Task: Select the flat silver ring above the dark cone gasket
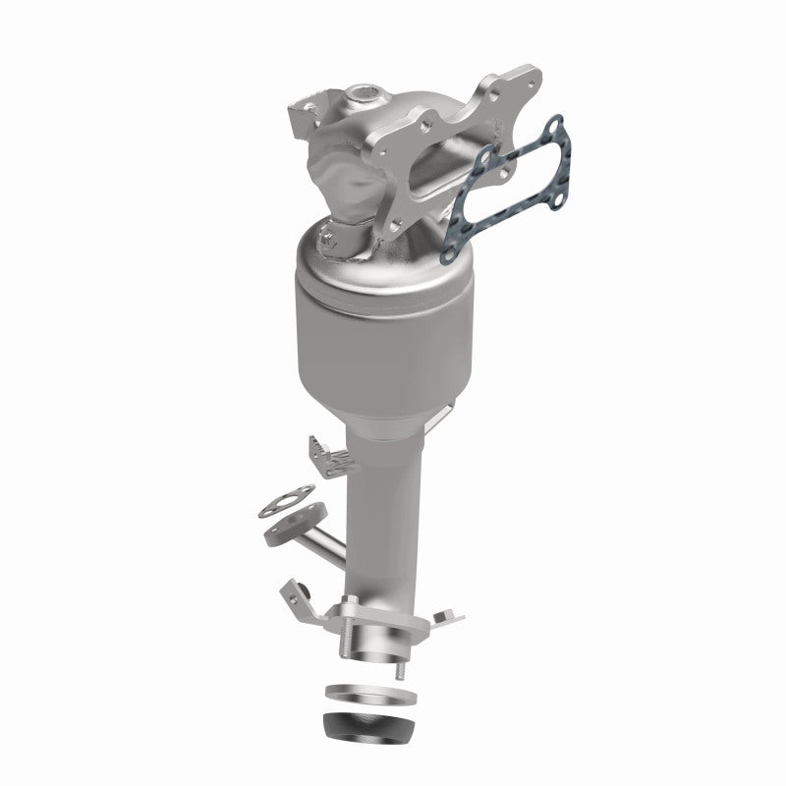[365, 692]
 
